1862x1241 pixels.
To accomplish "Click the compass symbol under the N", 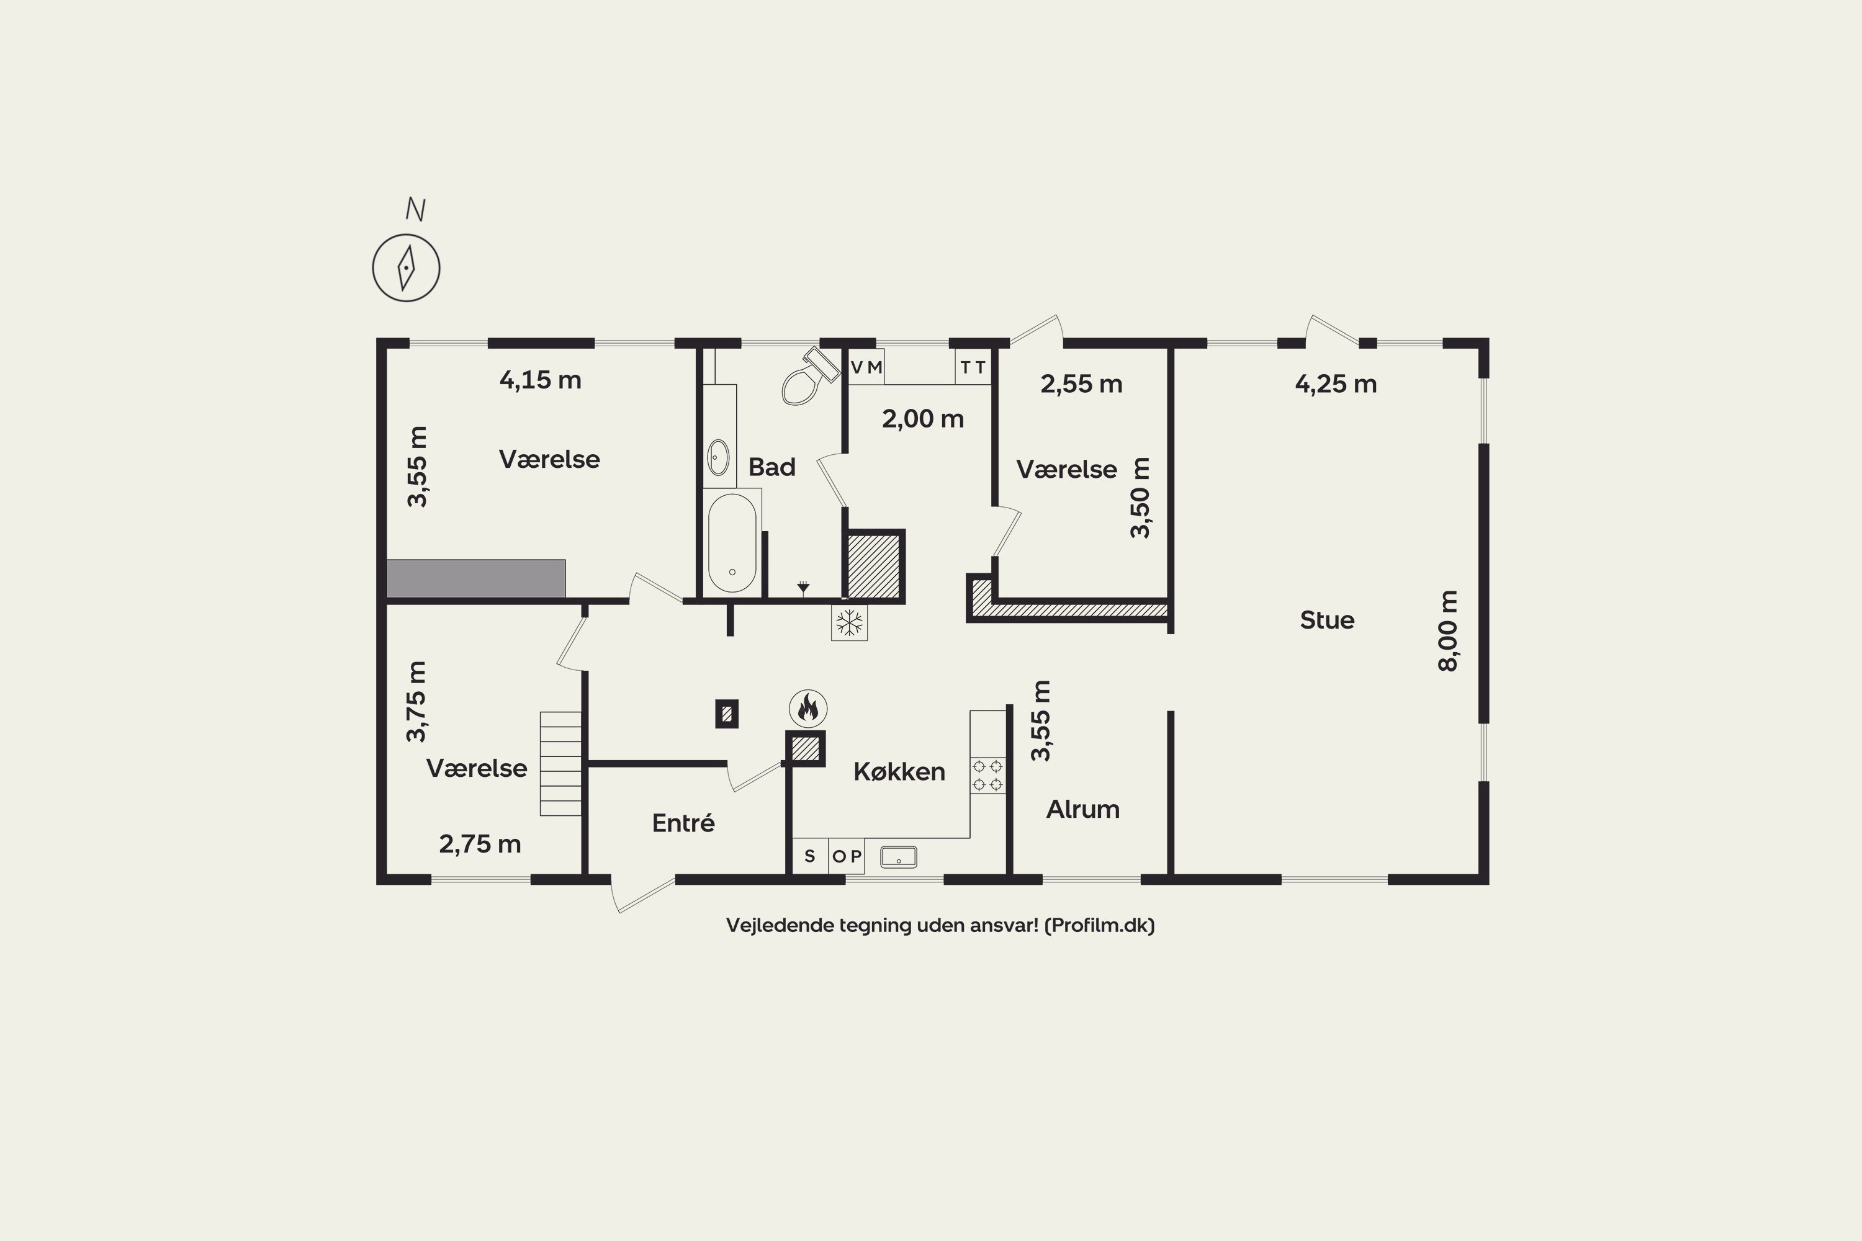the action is tap(406, 267).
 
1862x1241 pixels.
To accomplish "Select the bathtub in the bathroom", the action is tap(732, 543).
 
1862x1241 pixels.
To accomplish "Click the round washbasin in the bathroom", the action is tap(718, 457).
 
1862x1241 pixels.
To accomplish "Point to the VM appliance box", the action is tap(866, 367).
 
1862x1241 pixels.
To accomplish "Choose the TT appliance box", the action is tap(973, 367).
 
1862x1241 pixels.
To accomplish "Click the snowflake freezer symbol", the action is tap(850, 622).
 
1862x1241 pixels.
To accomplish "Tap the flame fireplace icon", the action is tap(808, 707).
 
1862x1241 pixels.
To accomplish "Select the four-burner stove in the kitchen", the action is tap(987, 775).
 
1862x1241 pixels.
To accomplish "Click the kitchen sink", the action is tap(899, 856).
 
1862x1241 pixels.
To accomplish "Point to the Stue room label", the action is tap(1327, 620).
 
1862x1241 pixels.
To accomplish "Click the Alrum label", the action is tap(1083, 809).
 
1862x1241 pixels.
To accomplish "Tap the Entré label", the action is tap(683, 823).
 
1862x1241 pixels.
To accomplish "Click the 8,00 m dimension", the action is tap(1448, 631).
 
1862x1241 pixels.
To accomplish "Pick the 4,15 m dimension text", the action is tap(541, 380).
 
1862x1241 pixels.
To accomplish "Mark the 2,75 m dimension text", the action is tap(480, 845).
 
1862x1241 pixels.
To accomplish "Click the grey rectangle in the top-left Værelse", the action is tap(476, 578).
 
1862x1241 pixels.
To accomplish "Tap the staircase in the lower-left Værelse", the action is tap(560, 764).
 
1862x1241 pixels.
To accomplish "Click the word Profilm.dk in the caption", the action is tap(1099, 925).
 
